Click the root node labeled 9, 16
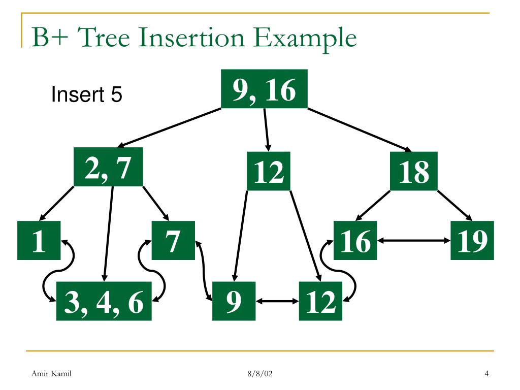[264, 89]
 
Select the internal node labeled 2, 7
[108, 167]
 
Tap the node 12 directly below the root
[269, 171]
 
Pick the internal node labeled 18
[414, 171]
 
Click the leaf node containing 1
[39, 241]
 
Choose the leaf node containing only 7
[173, 241]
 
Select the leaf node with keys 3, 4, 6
[104, 301]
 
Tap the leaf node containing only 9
[234, 301]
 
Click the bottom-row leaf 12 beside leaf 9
[320, 301]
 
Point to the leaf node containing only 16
[355, 241]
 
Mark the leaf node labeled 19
[472, 241]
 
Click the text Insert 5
[87, 95]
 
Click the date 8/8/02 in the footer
[260, 374]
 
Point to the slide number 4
[486, 374]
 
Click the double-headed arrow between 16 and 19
[414, 241]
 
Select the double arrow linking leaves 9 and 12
[277, 301]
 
